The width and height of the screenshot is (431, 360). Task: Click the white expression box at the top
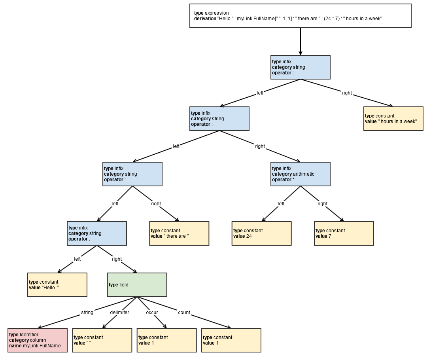click(300, 16)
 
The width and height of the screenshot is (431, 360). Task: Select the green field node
click(137, 285)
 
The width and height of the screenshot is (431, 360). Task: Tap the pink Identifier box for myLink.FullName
click(37, 340)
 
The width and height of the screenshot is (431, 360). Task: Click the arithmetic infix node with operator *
click(300, 174)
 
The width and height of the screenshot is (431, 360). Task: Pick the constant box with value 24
click(261, 233)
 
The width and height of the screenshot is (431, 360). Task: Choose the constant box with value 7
click(344, 233)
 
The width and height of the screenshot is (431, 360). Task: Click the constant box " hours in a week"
click(393, 119)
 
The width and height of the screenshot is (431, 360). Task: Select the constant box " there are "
click(179, 233)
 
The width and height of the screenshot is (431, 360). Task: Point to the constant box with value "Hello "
click(57, 285)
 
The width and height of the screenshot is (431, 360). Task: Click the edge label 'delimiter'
click(119, 313)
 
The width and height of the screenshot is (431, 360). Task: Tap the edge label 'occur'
click(152, 313)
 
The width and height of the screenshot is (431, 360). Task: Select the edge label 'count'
click(184, 313)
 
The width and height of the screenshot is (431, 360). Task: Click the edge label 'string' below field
click(87, 313)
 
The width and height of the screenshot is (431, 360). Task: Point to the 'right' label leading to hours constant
click(347, 93)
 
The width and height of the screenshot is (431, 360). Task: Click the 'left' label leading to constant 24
click(281, 204)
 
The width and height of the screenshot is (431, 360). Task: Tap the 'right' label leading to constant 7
click(322, 204)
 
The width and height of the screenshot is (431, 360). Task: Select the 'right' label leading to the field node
click(117, 259)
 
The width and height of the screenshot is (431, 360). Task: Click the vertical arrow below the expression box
click(300, 42)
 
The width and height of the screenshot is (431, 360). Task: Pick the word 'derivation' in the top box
click(205, 19)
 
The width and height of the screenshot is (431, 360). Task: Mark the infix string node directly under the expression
click(300, 67)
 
